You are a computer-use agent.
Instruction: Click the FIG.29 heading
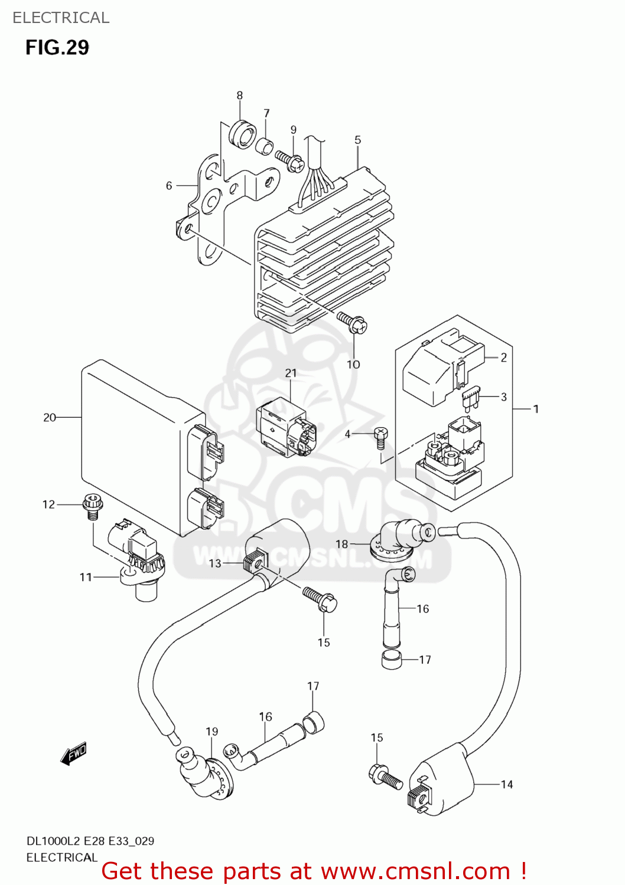(57, 47)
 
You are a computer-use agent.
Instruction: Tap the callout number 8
(239, 96)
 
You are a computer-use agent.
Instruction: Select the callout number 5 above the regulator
(357, 140)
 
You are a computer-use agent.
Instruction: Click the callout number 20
(50, 418)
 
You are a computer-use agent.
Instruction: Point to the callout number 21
(291, 373)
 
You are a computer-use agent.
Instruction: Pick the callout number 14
(507, 784)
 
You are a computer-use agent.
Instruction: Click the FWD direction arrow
(74, 754)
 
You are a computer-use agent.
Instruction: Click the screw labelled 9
(289, 160)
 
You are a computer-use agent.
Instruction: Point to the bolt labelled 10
(352, 322)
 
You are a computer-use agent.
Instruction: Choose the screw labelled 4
(381, 437)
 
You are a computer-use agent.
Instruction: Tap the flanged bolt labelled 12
(92, 507)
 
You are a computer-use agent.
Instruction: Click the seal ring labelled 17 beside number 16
(392, 660)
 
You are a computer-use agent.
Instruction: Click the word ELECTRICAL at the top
(61, 18)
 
